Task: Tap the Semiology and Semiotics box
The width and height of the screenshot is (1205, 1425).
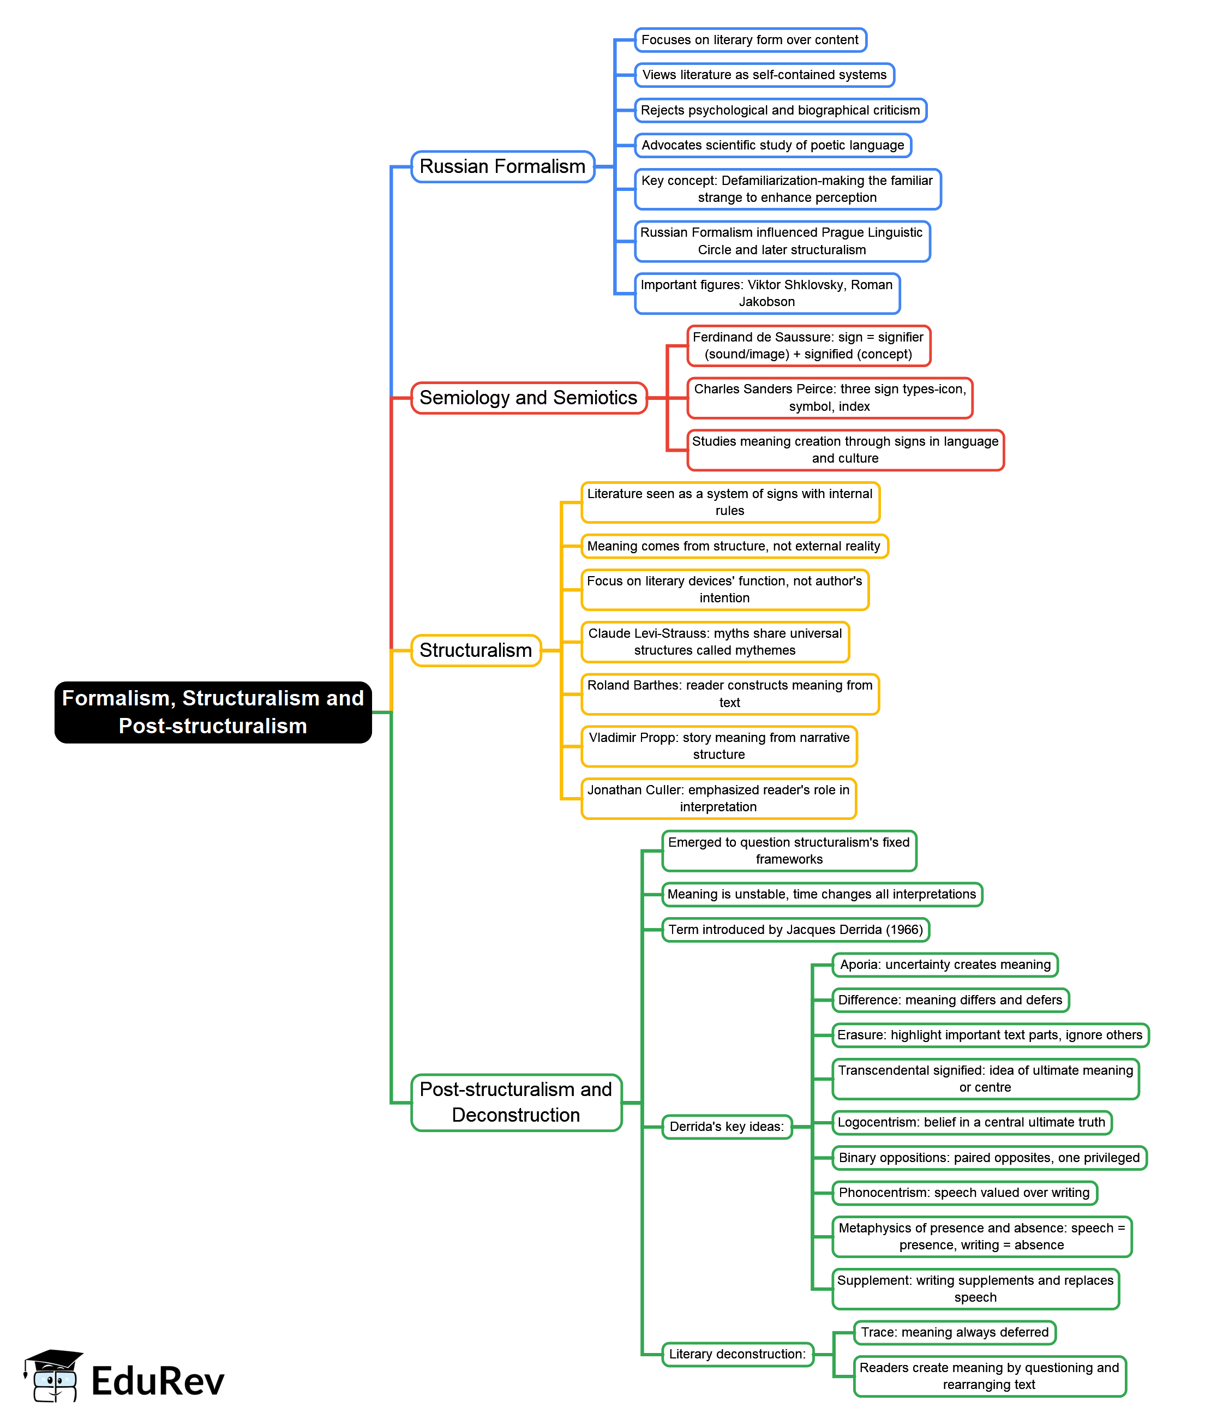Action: [x=528, y=398]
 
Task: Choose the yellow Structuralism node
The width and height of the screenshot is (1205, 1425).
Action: [x=476, y=650]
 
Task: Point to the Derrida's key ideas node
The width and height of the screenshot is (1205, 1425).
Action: [x=726, y=1127]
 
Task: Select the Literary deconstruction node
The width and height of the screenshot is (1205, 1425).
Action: [x=737, y=1354]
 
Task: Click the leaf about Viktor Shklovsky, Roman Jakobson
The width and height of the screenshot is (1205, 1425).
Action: [x=766, y=293]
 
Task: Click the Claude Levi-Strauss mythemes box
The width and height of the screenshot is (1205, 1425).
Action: [x=715, y=642]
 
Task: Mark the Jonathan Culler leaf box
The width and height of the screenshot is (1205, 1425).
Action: [x=718, y=798]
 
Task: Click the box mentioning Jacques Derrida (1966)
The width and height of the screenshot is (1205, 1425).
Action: [x=795, y=930]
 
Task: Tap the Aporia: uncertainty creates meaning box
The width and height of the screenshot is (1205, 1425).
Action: [x=945, y=965]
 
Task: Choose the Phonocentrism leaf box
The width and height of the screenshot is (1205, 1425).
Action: [x=964, y=1193]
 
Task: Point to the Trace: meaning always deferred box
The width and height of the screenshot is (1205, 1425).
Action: [x=954, y=1332]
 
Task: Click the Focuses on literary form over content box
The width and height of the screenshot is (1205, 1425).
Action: [x=750, y=40]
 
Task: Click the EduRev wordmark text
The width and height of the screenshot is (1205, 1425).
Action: [x=158, y=1381]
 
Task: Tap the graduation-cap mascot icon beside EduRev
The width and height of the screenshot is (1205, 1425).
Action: [x=53, y=1376]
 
